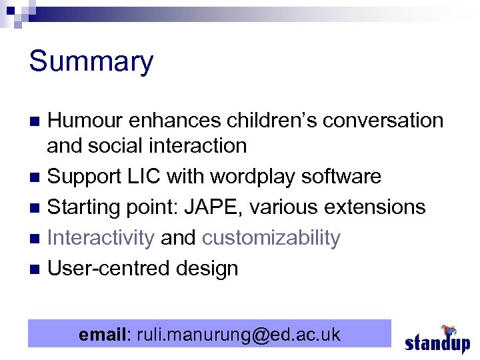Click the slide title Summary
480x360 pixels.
pos(91,62)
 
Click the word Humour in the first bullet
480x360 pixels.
pos(86,121)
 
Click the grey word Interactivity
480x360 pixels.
pos(101,238)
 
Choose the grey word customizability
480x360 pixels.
pos(271,238)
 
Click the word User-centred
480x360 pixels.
pos(109,269)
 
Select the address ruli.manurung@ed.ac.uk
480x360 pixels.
pos(238,334)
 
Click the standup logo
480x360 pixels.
pos(437,340)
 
